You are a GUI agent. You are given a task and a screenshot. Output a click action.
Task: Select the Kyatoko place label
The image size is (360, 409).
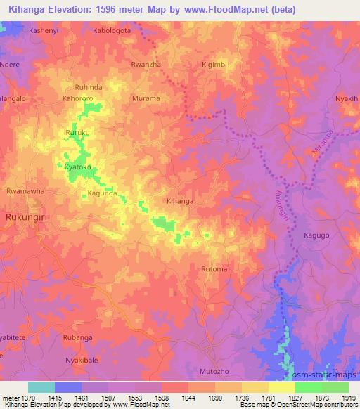(x=78, y=167)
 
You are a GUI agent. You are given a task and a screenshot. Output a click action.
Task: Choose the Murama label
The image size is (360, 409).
(x=146, y=99)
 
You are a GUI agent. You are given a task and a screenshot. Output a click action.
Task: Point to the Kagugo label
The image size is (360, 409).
(x=316, y=235)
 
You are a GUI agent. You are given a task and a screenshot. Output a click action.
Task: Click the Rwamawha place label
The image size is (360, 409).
(x=25, y=190)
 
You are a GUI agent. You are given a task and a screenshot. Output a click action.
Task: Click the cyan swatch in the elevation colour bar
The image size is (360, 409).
(x=41, y=387)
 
